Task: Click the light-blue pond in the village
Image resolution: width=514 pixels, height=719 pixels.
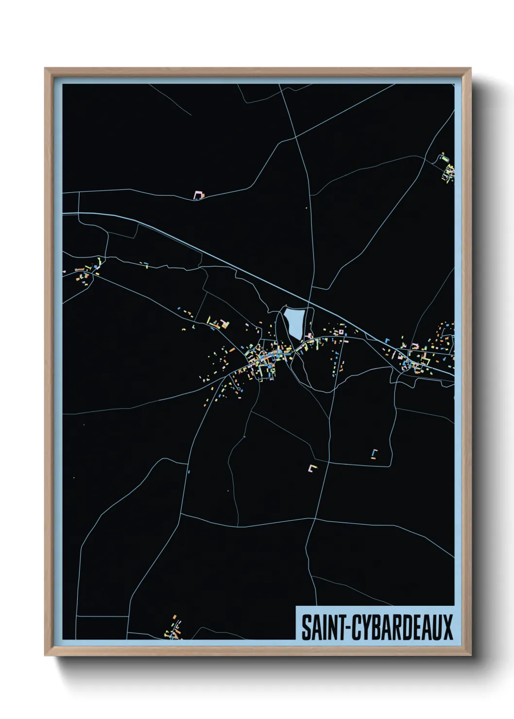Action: pos(294,322)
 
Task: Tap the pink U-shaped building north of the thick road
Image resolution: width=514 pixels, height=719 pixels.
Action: pos(198,195)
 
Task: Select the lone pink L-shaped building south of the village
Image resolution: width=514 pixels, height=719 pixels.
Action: pos(312,468)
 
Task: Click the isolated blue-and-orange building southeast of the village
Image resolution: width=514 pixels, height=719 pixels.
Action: pos(375,453)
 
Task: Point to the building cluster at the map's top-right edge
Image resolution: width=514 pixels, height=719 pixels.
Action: pos(447,168)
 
